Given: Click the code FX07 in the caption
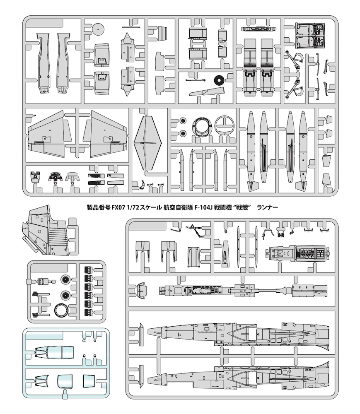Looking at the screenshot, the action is pyautogui.click(x=116, y=207).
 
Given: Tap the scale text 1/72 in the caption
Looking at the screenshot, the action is pyautogui.click(x=128, y=207).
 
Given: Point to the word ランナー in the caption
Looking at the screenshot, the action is pyautogui.click(x=267, y=207).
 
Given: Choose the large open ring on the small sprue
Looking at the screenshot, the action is pyautogui.click(x=62, y=310).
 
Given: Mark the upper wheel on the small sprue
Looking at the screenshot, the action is pyautogui.click(x=65, y=279).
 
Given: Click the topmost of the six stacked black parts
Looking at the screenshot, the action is pyautogui.click(x=88, y=270).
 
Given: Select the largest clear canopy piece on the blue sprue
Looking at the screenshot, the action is pyautogui.click(x=54, y=353).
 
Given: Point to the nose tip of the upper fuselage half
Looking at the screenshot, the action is pyautogui.click(x=148, y=330).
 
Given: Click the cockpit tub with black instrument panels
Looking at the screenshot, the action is pyautogui.click(x=298, y=254).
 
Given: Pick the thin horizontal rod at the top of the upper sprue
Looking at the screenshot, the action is pyautogui.click(x=131, y=27).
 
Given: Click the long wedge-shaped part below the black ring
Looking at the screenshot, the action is pyautogui.click(x=207, y=91).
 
